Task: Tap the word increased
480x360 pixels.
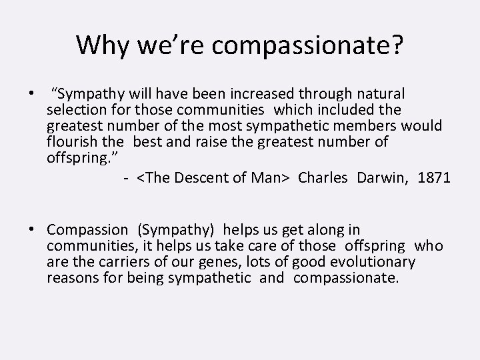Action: click(256, 93)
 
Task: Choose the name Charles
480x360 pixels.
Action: click(323, 177)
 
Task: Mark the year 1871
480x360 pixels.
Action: click(435, 177)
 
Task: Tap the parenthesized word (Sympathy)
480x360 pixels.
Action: click(176, 230)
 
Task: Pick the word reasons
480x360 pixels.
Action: click(72, 278)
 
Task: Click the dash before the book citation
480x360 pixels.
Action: click(125, 178)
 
